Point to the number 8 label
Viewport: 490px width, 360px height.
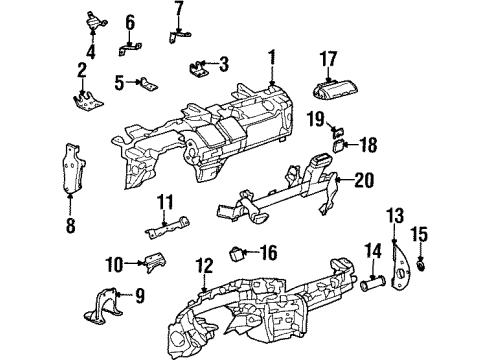(x=71, y=226)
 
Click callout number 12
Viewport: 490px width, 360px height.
(x=204, y=266)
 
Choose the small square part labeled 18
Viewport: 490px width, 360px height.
(x=341, y=142)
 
